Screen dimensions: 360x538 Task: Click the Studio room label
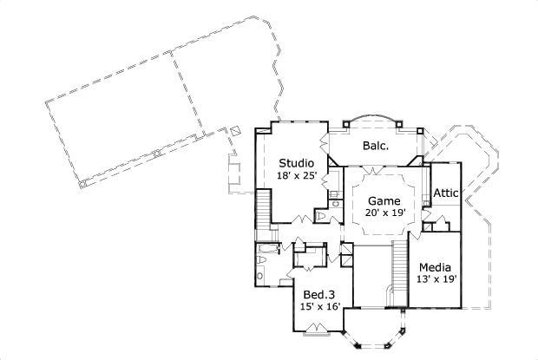(x=296, y=162)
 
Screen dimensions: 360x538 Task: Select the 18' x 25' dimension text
(x=296, y=175)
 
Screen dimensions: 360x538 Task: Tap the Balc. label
(x=375, y=146)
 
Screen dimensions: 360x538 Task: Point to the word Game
(x=383, y=200)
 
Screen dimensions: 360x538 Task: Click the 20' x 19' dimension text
(x=383, y=213)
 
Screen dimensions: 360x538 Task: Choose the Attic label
(x=445, y=193)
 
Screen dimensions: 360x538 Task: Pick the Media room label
(x=435, y=266)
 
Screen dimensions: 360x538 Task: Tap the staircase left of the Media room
(x=400, y=269)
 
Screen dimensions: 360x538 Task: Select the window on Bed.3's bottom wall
(x=314, y=329)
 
